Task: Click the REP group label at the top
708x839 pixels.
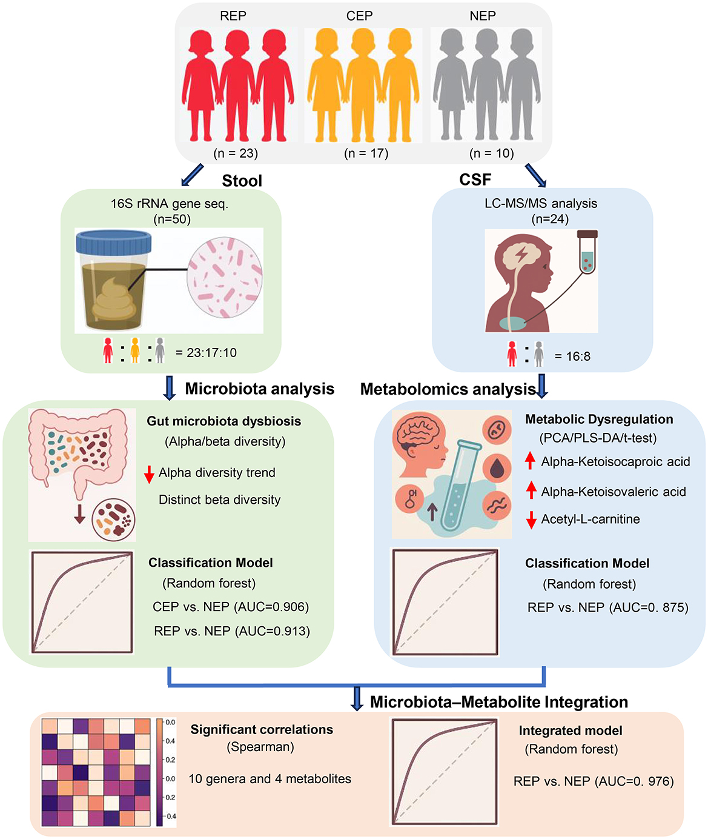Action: (233, 16)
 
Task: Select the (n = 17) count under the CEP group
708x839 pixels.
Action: (366, 153)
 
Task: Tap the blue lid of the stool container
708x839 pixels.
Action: (113, 243)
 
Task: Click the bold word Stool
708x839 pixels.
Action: (242, 181)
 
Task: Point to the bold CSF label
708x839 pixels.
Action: (475, 179)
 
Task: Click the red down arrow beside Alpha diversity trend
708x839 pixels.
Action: (150, 473)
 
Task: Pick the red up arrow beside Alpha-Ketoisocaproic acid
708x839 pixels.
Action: (531, 461)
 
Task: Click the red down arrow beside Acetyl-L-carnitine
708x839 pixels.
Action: (531, 520)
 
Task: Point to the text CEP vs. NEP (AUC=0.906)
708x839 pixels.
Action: (231, 607)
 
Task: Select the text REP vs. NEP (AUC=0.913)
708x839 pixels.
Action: (232, 631)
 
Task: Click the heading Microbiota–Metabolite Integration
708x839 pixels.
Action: (498, 702)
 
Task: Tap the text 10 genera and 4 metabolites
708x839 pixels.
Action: (270, 779)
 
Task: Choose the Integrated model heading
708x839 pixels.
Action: (570, 730)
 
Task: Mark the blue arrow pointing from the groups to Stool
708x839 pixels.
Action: (193, 175)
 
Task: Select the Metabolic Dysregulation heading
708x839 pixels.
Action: (598, 419)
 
